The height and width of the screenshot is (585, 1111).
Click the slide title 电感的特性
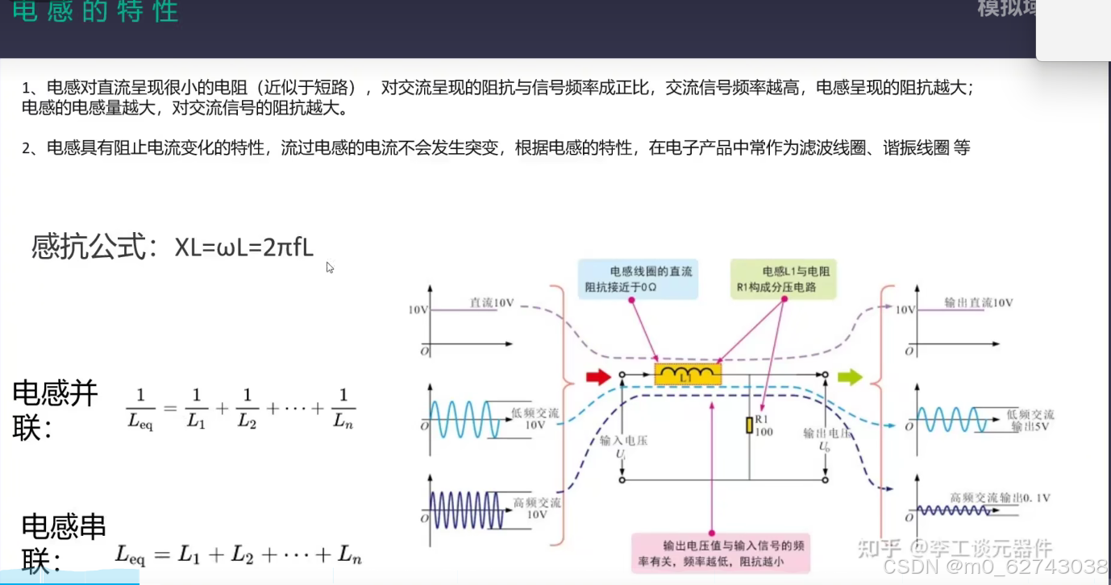(x=95, y=13)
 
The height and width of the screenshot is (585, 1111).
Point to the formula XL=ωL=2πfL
(x=243, y=247)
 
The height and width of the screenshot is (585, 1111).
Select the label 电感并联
(x=55, y=409)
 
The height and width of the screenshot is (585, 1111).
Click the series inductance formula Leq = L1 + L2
(x=238, y=554)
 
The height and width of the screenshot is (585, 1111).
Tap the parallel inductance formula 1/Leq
(x=240, y=408)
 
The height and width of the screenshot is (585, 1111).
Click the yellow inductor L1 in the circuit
(x=687, y=374)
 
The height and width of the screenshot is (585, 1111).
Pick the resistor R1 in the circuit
(x=750, y=425)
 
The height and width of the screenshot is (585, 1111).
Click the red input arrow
(x=597, y=375)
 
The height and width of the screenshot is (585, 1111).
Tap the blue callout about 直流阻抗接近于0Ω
(x=635, y=279)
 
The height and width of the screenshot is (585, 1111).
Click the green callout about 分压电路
(x=783, y=279)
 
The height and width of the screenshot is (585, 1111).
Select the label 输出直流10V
(x=978, y=303)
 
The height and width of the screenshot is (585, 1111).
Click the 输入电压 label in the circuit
(x=624, y=441)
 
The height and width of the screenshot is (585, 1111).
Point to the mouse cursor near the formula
(x=330, y=267)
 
